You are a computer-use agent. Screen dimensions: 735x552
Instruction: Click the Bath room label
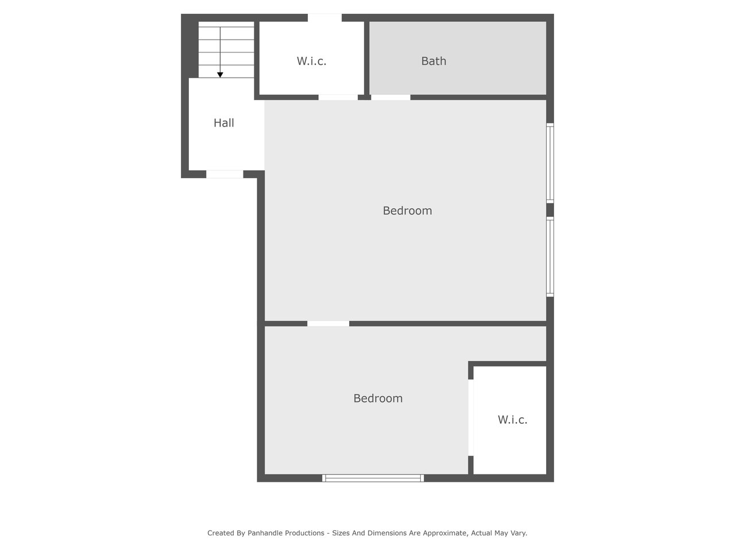434,61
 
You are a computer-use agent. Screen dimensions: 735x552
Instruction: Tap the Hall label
224,122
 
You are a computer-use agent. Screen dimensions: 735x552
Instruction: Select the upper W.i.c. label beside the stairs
311,61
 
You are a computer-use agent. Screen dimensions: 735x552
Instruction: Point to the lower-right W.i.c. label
512,419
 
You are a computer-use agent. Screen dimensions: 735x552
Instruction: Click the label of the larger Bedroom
407,210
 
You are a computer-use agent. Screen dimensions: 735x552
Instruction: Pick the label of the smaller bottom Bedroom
378,398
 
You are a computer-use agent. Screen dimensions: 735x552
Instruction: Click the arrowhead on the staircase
220,75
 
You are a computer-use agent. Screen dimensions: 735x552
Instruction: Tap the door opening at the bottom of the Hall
225,174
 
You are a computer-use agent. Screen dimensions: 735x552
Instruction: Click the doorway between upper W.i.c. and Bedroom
338,97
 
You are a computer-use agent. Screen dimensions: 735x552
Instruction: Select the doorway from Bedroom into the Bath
391,97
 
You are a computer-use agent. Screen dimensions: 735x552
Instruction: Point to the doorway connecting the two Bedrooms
328,323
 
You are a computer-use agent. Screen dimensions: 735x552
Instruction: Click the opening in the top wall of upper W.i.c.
325,18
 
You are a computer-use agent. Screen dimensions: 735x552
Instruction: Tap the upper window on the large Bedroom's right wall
550,163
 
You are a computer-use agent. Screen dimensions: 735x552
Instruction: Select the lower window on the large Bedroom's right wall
550,256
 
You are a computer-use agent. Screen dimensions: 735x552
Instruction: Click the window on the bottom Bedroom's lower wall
373,478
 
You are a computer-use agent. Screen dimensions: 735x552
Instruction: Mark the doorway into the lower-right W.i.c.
471,417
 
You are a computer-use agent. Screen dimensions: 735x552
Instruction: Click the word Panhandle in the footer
285,533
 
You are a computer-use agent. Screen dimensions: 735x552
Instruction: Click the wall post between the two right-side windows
550,210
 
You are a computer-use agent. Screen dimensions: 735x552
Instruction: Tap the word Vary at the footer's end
518,533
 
